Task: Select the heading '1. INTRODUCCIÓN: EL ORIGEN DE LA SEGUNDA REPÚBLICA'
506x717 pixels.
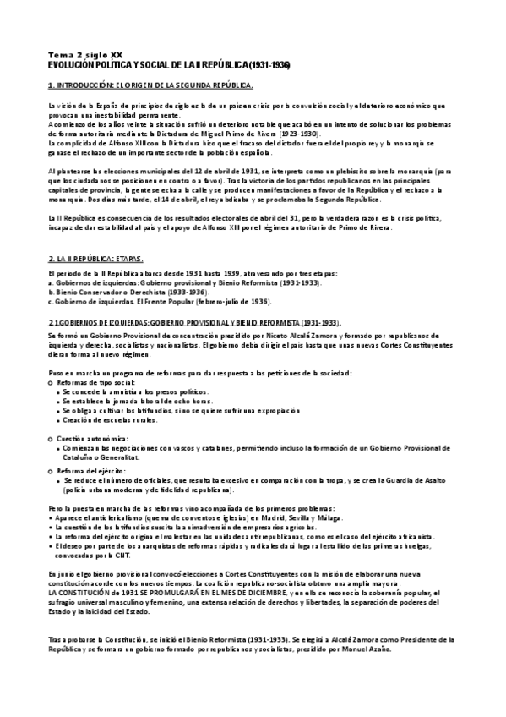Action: click(151, 86)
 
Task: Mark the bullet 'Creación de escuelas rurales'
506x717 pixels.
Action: click(117, 420)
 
